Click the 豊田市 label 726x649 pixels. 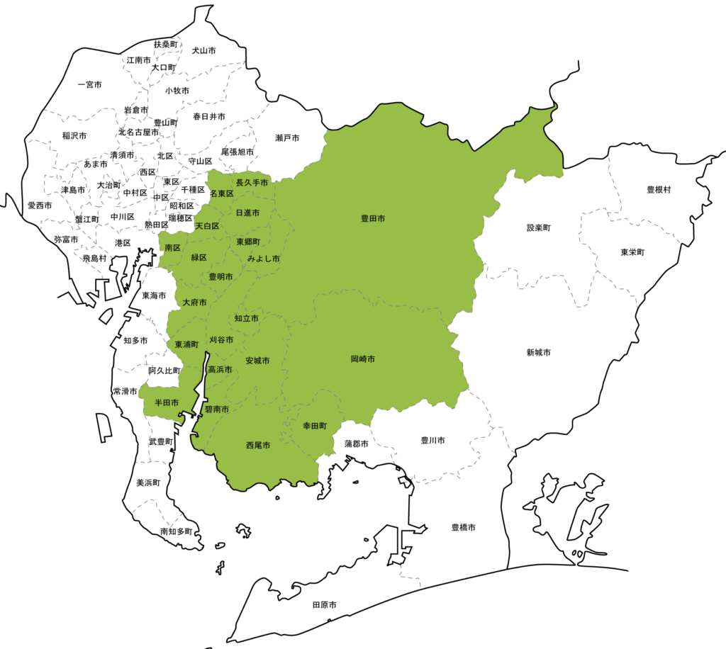pos(373,219)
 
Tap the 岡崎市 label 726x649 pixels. pos(362,359)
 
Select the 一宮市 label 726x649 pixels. pos(89,85)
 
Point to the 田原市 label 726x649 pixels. pos(324,605)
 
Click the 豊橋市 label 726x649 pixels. pos(463,528)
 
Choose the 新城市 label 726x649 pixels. pos(539,352)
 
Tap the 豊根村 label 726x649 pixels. pos(659,190)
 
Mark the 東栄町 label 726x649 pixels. pos(632,252)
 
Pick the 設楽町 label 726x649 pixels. pos(539,228)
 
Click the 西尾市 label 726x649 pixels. pos(258,446)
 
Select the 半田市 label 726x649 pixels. pos(167,402)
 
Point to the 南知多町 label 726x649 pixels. pos(176,531)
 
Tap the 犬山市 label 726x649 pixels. pos(203,51)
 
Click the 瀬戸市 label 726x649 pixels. pos(287,138)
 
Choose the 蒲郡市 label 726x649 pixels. pos(356,444)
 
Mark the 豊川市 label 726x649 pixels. pos(432,440)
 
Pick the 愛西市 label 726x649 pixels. pos(40,205)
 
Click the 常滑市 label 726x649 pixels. pos(125,391)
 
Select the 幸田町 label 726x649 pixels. pos(314,426)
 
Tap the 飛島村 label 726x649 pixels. pos(94,259)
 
